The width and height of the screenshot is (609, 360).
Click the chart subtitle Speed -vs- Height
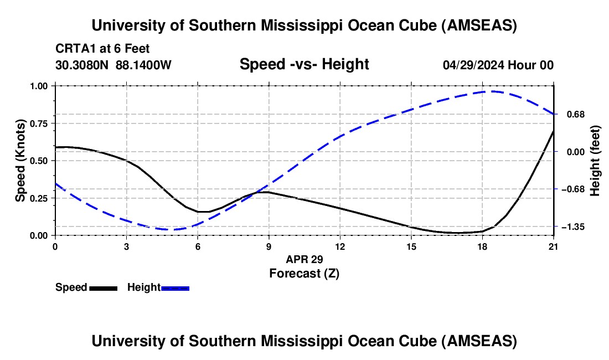tap(304, 64)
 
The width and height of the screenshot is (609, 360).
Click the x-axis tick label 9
tap(269, 246)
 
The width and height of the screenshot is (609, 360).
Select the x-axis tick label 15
tap(411, 246)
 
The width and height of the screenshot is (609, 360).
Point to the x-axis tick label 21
tap(553, 246)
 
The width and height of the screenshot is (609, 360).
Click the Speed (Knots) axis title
tap(20, 161)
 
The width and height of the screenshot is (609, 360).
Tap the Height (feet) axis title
tap(595, 161)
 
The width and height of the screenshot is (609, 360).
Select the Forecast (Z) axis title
tap(304, 273)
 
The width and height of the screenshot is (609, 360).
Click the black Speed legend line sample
tap(103, 288)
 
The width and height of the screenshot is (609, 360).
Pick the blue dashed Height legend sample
tap(175, 288)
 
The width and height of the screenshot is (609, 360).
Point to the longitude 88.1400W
tap(143, 65)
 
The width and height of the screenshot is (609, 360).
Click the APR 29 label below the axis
tap(304, 259)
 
